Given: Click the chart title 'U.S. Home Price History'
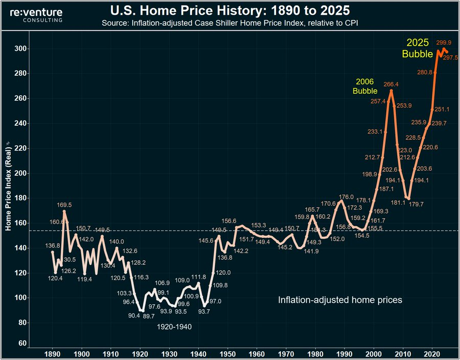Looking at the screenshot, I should (x=230, y=10).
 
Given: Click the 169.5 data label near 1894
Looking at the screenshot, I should (x=67, y=205).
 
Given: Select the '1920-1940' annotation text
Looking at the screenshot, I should (x=174, y=327).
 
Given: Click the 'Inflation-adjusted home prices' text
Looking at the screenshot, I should (x=340, y=300).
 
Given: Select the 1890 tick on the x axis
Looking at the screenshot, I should (x=52, y=353).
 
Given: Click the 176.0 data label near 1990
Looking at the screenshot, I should (x=347, y=197).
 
